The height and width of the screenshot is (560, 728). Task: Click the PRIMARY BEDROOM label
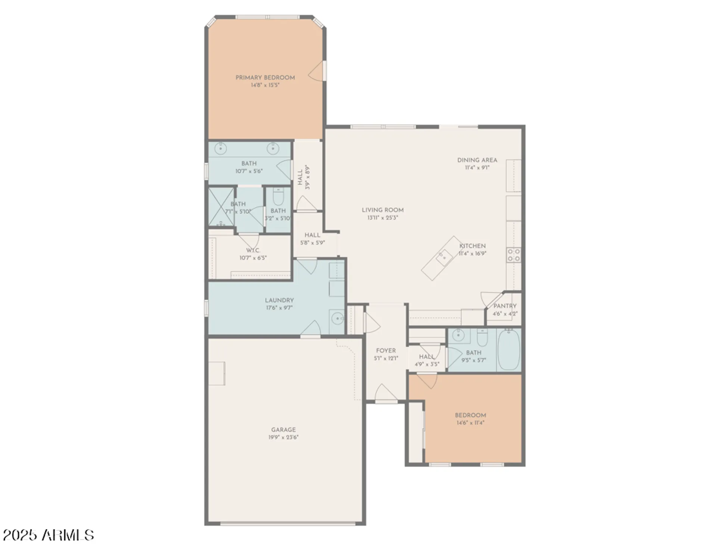265,78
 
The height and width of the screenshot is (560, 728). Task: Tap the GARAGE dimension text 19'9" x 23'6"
283,437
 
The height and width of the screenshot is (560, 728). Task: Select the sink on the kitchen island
444,257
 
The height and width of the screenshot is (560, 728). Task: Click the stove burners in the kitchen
513,255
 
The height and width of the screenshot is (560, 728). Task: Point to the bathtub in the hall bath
508,350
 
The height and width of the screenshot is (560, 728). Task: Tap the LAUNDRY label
279,300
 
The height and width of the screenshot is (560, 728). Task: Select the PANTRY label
505,306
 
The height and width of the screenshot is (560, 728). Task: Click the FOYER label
386,351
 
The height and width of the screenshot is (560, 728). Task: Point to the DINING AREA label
477,160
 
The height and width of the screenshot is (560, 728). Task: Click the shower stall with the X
221,206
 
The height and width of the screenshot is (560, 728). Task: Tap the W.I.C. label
253,251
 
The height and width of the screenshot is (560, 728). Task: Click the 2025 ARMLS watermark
49,535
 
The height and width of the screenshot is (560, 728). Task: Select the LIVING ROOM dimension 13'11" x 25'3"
382,218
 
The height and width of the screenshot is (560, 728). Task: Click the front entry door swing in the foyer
386,393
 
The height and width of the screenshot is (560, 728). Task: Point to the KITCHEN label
472,246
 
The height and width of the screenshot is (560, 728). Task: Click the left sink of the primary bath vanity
221,148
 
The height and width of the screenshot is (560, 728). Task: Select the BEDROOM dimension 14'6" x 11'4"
470,423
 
